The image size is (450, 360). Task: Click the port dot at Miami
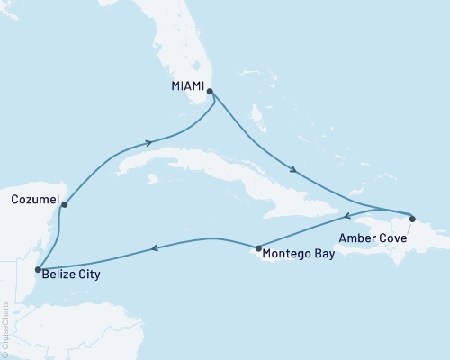tap(210, 91)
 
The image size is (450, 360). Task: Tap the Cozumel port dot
tap(64, 205)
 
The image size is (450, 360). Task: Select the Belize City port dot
tap(37, 268)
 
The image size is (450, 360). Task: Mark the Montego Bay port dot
tap(258, 248)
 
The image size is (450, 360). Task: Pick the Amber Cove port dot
tap(411, 218)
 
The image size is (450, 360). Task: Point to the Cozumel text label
tap(31, 198)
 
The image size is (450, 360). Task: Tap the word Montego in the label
tap(288, 255)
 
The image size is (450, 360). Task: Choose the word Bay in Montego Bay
tap(323, 255)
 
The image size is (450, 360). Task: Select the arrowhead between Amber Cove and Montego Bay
tap(348, 217)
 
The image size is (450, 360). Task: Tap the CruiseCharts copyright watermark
tap(5, 328)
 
